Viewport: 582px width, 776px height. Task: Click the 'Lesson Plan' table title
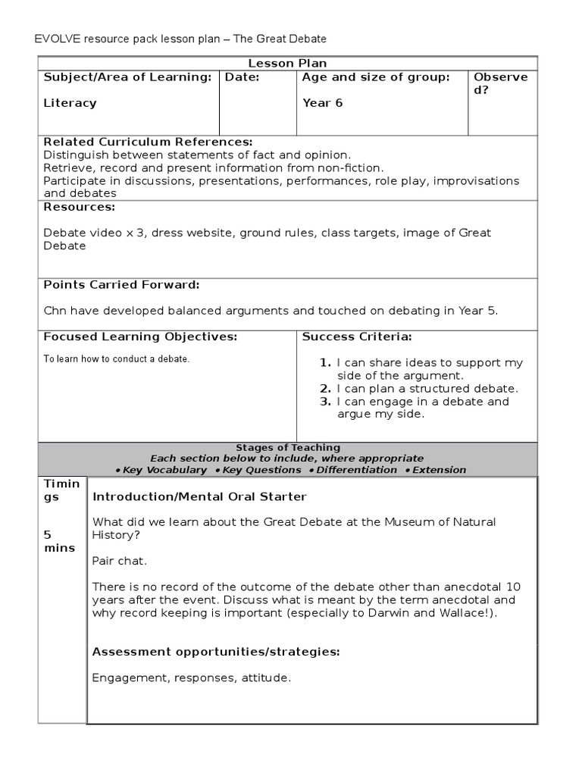click(288, 64)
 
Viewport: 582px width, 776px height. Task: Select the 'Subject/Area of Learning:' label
click(127, 77)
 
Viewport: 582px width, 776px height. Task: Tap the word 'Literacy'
click(70, 103)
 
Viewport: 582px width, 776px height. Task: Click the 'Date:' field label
click(242, 77)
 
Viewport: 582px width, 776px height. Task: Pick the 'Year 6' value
click(322, 103)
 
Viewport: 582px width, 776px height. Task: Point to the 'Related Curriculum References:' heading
click(148, 142)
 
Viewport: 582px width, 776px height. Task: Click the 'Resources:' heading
click(79, 207)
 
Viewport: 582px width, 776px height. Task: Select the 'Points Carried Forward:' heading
click(121, 285)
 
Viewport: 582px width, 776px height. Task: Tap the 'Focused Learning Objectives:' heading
click(140, 336)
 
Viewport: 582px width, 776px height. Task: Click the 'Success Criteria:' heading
click(357, 336)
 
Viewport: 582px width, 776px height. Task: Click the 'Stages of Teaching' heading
click(288, 448)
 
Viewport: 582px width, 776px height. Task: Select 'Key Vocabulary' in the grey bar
click(164, 470)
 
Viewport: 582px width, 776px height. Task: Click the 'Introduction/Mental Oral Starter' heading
click(199, 497)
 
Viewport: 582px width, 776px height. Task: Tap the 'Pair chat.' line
click(119, 561)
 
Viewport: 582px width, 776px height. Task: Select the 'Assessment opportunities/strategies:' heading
click(215, 652)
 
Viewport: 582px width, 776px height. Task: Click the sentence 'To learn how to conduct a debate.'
click(116, 359)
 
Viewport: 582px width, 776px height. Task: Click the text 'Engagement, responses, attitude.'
click(191, 678)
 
